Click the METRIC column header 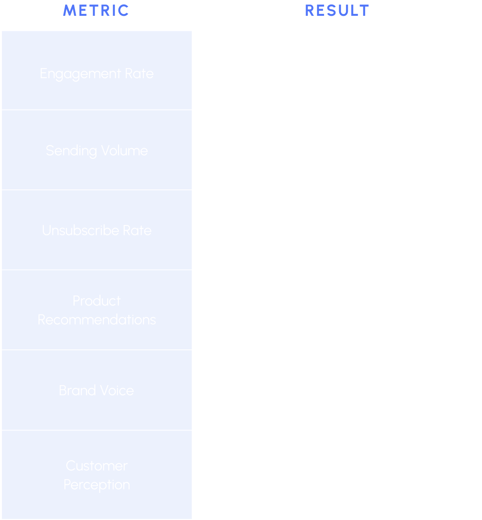(96, 11)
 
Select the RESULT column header (337, 11)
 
